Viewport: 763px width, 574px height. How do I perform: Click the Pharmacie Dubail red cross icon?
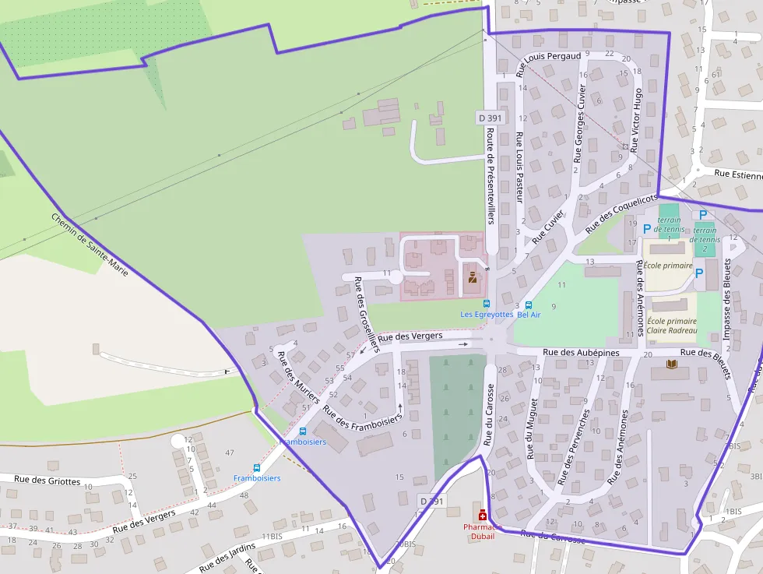[483, 515]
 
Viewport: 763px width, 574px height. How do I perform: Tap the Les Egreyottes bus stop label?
[487, 315]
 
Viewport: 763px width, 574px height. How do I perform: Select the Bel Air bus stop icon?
[529, 305]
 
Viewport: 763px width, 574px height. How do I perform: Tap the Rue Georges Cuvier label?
[580, 122]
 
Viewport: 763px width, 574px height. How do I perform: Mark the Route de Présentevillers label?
[490, 176]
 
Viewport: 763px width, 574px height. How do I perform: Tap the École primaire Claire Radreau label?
[672, 326]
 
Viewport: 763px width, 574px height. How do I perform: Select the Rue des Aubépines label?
[581, 353]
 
